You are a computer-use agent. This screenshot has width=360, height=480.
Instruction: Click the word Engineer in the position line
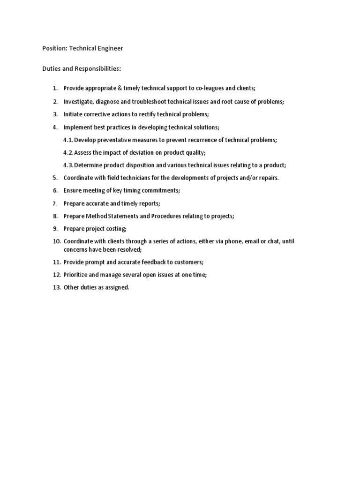[x=110, y=48]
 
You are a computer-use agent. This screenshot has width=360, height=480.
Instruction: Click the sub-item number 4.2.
[x=68, y=152]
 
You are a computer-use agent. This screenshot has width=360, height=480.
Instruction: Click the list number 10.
[x=57, y=241]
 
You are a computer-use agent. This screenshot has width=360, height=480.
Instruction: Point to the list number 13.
[x=57, y=287]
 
